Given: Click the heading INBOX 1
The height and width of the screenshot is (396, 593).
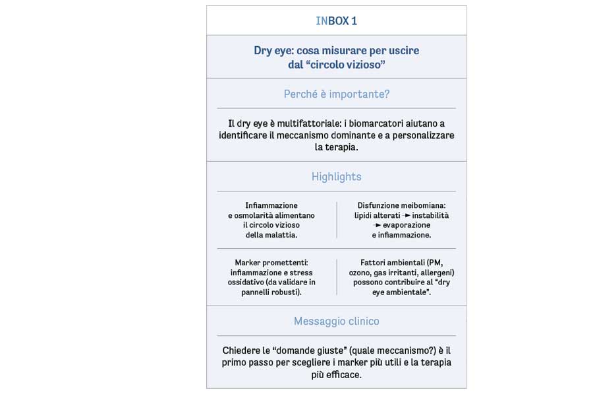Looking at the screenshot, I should (336, 21).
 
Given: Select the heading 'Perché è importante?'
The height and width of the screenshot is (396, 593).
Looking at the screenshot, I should (336, 94).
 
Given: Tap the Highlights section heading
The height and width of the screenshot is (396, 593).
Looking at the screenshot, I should (336, 176).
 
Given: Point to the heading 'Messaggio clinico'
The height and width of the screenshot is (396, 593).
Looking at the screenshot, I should (336, 321).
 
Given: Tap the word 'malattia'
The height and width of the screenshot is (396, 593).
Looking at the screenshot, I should (283, 235).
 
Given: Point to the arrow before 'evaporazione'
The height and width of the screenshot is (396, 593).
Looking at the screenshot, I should (378, 225).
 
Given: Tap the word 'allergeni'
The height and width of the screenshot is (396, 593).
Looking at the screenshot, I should (436, 273).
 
